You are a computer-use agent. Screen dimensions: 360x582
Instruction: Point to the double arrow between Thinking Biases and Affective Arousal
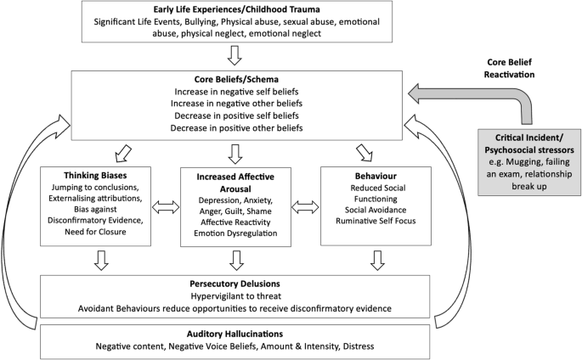click(x=164, y=206)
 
